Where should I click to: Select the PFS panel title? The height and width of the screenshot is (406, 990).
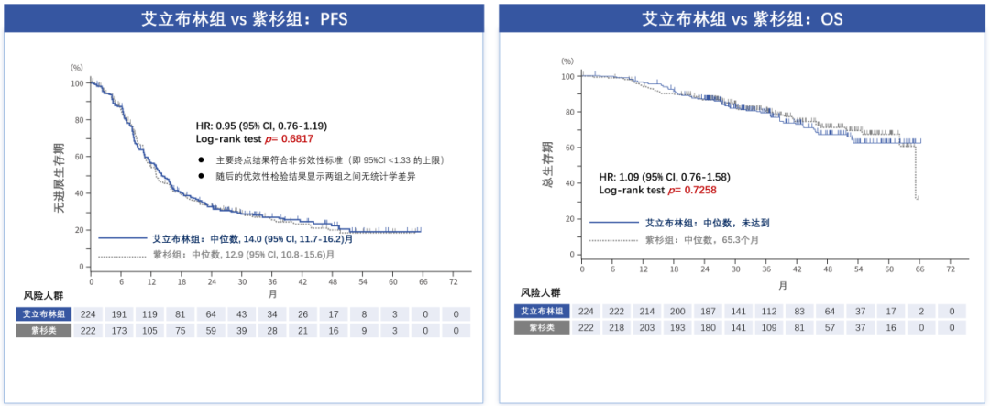243,18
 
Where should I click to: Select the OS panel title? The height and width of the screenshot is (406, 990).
742,18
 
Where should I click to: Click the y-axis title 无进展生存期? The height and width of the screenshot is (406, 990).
59,179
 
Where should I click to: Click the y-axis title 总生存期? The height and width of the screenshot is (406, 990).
547,166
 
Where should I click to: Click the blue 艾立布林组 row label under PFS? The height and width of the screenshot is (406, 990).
45,314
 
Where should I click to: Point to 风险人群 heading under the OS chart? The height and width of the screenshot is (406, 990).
543,292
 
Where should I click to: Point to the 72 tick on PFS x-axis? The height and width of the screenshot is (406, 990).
453,280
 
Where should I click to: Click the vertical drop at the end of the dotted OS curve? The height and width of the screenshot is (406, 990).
916,170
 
